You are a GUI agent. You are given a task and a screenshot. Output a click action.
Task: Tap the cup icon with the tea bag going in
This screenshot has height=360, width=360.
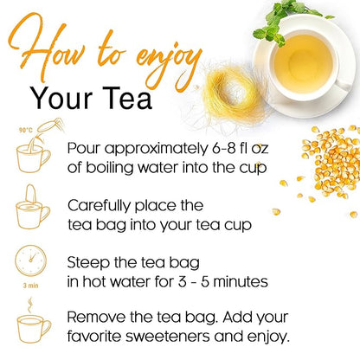click(33, 208)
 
